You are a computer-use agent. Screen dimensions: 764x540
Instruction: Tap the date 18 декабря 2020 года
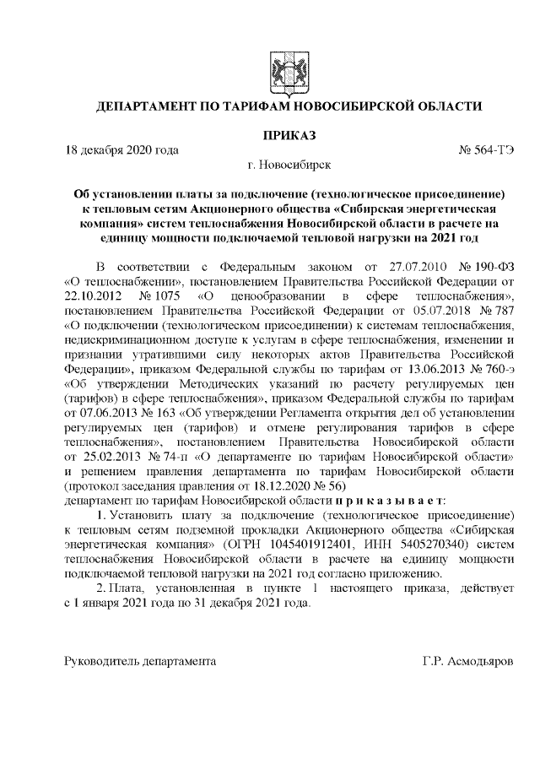point(122,151)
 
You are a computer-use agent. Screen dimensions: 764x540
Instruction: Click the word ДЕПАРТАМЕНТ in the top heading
point(147,106)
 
